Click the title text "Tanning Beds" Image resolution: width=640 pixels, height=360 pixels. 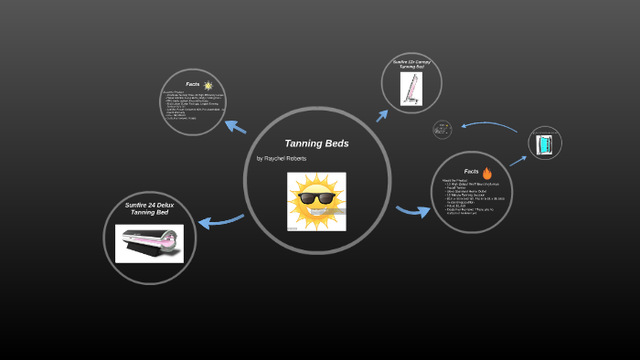pyautogui.click(x=316, y=143)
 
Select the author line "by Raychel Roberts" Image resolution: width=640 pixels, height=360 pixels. pyautogui.click(x=282, y=158)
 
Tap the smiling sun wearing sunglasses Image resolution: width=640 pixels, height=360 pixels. pyautogui.click(x=316, y=201)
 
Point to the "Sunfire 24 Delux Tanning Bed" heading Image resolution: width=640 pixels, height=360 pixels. pyautogui.click(x=149, y=209)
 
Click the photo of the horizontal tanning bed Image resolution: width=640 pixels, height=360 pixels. pyautogui.click(x=149, y=243)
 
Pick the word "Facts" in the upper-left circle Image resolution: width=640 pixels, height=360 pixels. pyautogui.click(x=192, y=84)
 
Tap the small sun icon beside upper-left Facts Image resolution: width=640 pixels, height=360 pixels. pyautogui.click(x=208, y=85)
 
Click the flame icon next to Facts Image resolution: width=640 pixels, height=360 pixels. pyautogui.click(x=487, y=172)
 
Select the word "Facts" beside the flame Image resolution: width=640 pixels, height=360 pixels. pyautogui.click(x=471, y=172)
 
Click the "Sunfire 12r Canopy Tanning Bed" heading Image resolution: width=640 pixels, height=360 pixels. pyautogui.click(x=411, y=66)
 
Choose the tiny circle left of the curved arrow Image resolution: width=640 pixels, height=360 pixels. pyautogui.click(x=443, y=130)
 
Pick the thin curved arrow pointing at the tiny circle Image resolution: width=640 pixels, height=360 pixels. pyautogui.click(x=489, y=123)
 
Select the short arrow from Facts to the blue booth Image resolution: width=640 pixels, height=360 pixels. pyautogui.click(x=517, y=162)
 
